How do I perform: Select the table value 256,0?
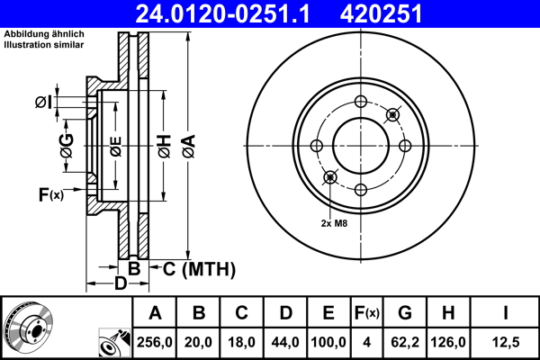click(155, 342)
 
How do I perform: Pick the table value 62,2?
click(405, 342)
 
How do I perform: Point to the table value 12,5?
click(506, 342)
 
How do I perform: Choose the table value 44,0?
click(285, 342)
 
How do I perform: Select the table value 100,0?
click(328, 342)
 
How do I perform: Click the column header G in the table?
click(405, 313)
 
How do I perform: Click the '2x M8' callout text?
click(334, 222)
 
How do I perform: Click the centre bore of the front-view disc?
click(360, 146)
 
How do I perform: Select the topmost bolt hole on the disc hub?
click(360, 102)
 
